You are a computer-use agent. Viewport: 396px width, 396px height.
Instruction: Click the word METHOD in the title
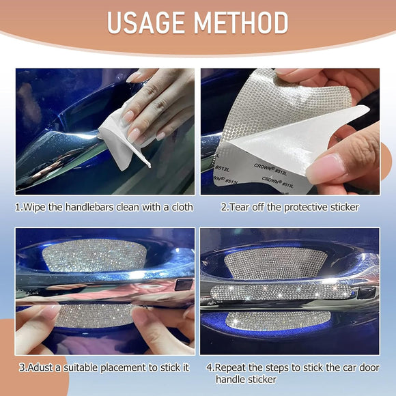click(241, 23)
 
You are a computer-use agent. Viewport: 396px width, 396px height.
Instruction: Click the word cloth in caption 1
click(182, 208)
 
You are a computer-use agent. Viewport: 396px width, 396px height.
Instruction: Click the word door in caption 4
click(370, 368)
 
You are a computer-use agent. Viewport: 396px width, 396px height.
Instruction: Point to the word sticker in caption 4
click(262, 380)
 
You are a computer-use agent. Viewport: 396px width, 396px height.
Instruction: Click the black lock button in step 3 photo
click(184, 285)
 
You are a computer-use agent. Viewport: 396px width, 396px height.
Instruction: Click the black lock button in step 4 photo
click(367, 293)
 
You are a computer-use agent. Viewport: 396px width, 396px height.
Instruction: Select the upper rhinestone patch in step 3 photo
click(94, 255)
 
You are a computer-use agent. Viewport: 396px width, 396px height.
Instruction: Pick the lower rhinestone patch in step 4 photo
click(278, 321)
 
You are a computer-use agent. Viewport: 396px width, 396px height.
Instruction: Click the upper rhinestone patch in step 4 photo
click(275, 263)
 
